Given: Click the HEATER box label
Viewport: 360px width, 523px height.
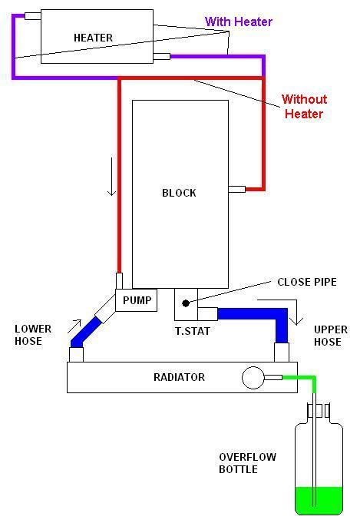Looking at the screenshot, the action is click(x=93, y=38).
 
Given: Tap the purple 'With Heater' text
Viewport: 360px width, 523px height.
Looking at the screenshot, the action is click(x=239, y=22).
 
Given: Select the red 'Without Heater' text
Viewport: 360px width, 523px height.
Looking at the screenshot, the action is click(x=304, y=107).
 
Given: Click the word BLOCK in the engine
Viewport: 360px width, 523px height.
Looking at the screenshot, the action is click(x=179, y=193).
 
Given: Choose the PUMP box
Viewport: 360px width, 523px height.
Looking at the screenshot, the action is click(x=137, y=300).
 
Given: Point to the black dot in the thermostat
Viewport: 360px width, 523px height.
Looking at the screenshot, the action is click(x=186, y=303).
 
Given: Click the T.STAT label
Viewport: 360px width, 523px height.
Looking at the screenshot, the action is click(x=193, y=331).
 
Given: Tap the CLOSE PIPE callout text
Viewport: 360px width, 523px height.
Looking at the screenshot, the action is click(x=307, y=282).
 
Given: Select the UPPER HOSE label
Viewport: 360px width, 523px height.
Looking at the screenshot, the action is click(x=330, y=336).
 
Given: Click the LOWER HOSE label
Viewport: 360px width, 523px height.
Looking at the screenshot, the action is click(x=33, y=335).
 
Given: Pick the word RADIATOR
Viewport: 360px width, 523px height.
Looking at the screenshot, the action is click(x=179, y=377).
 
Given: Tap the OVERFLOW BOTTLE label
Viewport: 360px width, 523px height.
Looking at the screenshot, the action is click(x=247, y=463).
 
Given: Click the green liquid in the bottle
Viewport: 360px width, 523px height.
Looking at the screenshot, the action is click(x=319, y=500).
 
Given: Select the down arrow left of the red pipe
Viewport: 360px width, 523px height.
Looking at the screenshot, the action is click(x=111, y=177).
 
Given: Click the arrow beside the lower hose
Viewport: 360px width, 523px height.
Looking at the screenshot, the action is click(x=74, y=326).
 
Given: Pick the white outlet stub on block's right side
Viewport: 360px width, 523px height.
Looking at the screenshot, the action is click(x=237, y=190).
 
